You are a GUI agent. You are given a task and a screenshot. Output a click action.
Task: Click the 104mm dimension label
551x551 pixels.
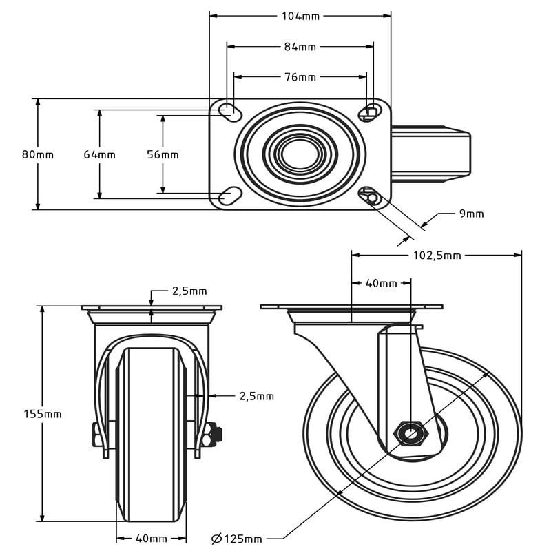(300, 15)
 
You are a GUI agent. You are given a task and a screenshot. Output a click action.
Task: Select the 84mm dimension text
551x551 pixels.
(300, 47)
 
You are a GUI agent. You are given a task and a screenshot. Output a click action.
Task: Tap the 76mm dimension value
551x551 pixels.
(300, 77)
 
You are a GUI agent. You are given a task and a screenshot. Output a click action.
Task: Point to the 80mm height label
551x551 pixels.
(38, 154)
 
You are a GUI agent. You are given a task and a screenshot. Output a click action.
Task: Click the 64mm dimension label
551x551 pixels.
(100, 154)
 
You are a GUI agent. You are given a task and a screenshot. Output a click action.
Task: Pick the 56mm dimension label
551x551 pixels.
(163, 154)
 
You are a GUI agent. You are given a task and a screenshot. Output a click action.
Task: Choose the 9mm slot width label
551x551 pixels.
(472, 214)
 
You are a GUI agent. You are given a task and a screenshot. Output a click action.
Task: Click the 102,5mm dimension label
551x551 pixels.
(437, 256)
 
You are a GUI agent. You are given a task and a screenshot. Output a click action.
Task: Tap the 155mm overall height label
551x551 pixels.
(43, 414)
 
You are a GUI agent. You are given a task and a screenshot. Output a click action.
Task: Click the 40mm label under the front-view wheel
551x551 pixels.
(151, 538)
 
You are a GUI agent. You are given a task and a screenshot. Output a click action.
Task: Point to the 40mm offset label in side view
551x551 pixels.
(381, 283)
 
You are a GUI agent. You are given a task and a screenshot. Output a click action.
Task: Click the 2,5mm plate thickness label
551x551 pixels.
(189, 291)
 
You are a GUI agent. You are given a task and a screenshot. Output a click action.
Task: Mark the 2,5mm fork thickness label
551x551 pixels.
(256, 396)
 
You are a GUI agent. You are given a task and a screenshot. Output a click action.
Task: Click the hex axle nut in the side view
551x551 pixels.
(410, 434)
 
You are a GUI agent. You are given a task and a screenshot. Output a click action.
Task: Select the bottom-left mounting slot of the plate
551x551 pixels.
(229, 196)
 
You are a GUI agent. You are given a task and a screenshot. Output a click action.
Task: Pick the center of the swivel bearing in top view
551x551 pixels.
(298, 153)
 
